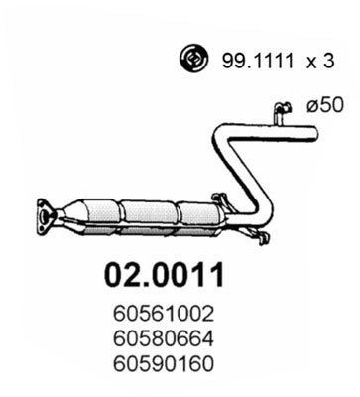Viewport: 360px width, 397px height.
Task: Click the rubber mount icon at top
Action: (191, 61)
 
